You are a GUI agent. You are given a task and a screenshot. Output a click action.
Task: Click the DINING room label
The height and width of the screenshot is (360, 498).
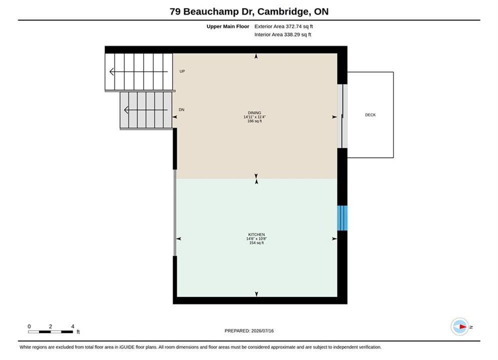254,113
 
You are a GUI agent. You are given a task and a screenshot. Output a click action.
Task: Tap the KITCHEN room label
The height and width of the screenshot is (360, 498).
256,234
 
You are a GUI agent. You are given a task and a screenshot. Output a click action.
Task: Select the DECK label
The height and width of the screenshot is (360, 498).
370,115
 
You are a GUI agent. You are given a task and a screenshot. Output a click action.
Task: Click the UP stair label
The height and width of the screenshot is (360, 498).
182,71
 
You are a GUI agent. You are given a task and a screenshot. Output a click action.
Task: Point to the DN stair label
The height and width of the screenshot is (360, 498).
181,109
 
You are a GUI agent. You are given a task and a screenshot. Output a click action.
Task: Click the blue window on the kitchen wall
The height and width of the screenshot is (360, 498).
342,218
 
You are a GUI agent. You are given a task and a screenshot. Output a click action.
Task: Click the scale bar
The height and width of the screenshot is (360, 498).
51,332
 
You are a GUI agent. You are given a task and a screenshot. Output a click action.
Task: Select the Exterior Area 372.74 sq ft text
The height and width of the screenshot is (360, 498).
284,26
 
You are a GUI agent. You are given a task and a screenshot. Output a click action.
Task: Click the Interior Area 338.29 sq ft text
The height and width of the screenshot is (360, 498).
283,34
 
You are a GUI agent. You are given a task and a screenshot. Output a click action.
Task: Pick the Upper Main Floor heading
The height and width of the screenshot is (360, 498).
228,26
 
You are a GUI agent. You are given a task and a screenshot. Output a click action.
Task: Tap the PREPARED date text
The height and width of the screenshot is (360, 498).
249,331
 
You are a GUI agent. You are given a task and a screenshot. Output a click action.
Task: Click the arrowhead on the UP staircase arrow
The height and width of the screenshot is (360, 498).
112,71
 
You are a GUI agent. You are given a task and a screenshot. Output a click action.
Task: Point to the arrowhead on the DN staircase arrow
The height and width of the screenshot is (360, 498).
126,110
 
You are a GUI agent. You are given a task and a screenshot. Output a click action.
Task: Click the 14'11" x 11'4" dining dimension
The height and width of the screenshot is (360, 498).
254,117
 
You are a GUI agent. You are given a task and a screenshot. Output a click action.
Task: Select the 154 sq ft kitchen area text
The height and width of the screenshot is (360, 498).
256,243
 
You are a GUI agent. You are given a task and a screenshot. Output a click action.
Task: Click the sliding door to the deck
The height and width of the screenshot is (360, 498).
342,116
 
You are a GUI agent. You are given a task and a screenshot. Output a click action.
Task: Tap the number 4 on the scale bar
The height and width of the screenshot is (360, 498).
73,326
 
